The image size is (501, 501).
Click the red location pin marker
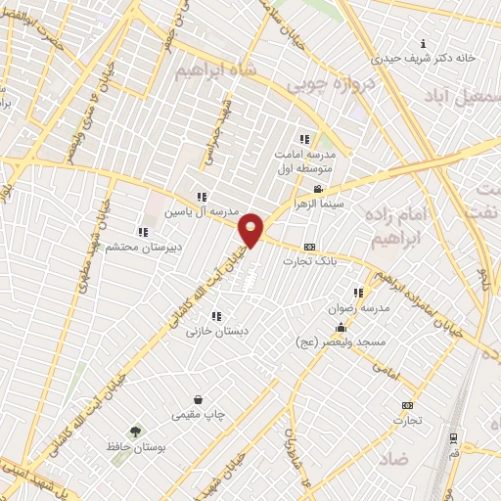click(252, 229)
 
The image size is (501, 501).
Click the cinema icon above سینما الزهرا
click(317, 189)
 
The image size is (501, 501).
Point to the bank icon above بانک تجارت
click(310, 247)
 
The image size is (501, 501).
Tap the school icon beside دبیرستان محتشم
click(144, 232)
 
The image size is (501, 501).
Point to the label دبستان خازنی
click(218, 332)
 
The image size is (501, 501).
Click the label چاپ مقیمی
click(199, 415)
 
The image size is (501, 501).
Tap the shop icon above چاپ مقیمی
click(199, 399)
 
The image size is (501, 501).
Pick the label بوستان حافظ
click(133, 446)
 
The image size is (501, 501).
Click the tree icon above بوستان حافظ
click(134, 431)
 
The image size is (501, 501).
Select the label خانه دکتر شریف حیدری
click(431, 58)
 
